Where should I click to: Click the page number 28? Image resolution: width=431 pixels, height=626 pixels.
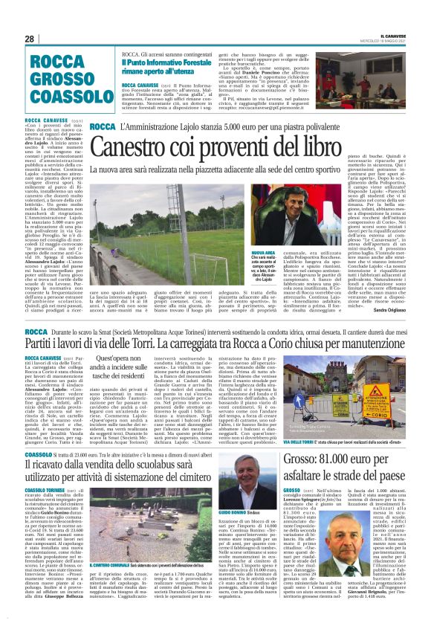[x=30, y=38]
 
